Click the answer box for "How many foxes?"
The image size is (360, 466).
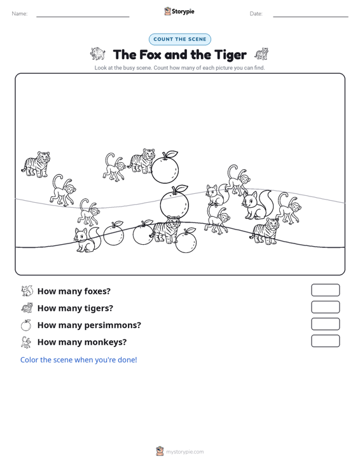pyautogui.click(x=325, y=290)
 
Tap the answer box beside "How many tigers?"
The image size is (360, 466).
pyautogui.click(x=325, y=307)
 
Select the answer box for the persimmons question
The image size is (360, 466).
pyautogui.click(x=325, y=324)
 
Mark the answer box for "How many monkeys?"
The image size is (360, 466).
pyautogui.click(x=325, y=341)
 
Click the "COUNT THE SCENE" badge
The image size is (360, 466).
pyautogui.click(x=180, y=39)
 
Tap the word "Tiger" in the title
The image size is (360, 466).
pyautogui.click(x=230, y=55)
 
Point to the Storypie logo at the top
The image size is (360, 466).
pyautogui.click(x=179, y=11)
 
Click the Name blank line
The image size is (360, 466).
pyautogui.click(x=83, y=17)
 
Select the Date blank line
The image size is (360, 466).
pyautogui.click(x=310, y=17)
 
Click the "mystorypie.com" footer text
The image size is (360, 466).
pyautogui.click(x=185, y=452)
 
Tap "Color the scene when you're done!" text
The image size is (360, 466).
pyautogui.click(x=79, y=360)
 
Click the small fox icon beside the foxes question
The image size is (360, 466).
pyautogui.click(x=27, y=291)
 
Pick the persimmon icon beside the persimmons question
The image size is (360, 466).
pyautogui.click(x=26, y=325)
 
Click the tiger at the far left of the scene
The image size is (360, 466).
pyautogui.click(x=36, y=165)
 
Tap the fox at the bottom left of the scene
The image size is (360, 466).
pyautogui.click(x=87, y=240)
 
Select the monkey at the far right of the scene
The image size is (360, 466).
pyautogui.click(x=289, y=208)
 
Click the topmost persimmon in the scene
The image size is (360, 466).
pyautogui.click(x=165, y=167)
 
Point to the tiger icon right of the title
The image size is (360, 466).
pyautogui.click(x=261, y=54)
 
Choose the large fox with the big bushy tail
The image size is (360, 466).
pyautogui.click(x=258, y=205)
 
